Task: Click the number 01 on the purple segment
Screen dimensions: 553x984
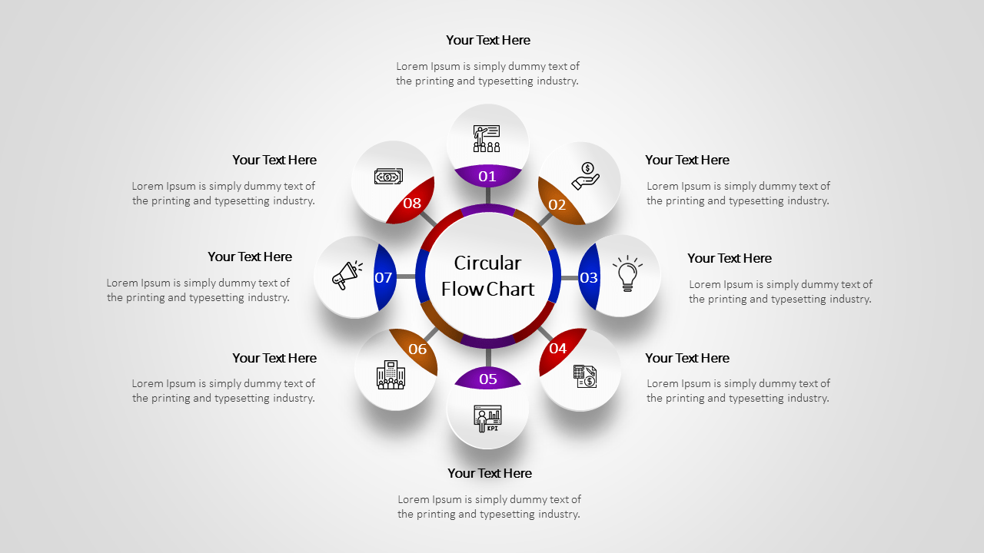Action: coord(487,177)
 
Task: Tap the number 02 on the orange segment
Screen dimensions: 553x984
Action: coord(557,205)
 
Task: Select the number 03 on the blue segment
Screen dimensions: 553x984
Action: coord(589,278)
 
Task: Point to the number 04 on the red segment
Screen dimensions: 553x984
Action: coord(558,349)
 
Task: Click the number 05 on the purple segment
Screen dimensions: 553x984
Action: coord(488,379)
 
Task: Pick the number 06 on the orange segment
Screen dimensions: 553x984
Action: coord(417,349)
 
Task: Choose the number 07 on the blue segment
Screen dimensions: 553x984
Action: coord(384,278)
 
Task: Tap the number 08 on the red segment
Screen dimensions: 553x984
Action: coord(412,204)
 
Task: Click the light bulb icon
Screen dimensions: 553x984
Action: coord(627,274)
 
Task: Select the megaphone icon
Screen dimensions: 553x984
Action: coord(347,275)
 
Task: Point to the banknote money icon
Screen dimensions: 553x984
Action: coord(388,177)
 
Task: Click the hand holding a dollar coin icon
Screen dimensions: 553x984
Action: coord(586,176)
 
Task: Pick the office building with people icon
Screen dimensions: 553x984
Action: coord(391,375)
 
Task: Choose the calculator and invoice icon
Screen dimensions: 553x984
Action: coord(585,376)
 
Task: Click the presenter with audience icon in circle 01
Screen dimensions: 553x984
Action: coord(487,138)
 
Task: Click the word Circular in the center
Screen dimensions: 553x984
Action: coord(487,263)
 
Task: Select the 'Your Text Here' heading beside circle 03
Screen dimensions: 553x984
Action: coord(729,258)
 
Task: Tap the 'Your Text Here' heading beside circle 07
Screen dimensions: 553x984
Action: coord(250,257)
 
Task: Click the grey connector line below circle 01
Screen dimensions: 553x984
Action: coord(487,196)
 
